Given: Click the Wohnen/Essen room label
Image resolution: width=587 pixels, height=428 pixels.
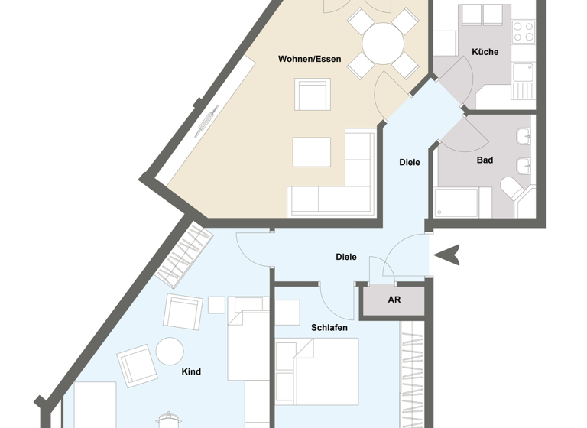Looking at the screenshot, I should [310, 59].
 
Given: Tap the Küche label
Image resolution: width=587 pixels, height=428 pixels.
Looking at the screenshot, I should [485, 52].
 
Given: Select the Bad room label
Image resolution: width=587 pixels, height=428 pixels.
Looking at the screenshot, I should [485, 160].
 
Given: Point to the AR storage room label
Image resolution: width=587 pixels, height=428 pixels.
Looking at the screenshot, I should [394, 300].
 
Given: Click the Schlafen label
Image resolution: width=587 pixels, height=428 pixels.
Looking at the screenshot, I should [329, 328].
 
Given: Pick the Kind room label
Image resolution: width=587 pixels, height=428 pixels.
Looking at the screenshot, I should [191, 372].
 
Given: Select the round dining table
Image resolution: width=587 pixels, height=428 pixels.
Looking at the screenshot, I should [383, 44].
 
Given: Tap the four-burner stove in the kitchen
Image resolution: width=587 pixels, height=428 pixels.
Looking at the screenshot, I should [524, 31].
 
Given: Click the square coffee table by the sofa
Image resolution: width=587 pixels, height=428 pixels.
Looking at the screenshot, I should [312, 151].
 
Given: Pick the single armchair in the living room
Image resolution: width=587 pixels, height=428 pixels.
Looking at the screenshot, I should [313, 95].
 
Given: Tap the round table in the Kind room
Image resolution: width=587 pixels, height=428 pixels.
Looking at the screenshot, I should [170, 352].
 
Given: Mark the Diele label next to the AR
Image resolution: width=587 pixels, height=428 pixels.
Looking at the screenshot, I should [346, 257].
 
